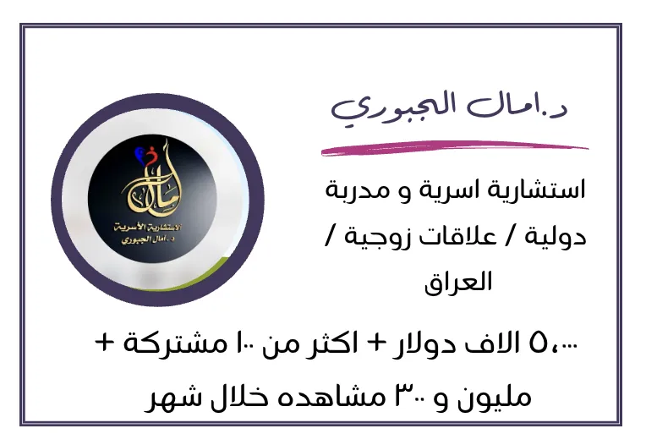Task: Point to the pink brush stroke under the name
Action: pos(455,148)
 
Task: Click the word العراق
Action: pos(458,283)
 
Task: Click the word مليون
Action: pos(496,398)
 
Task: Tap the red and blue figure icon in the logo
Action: pos(145,156)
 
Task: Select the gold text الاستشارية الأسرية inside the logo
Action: pos(147,228)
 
